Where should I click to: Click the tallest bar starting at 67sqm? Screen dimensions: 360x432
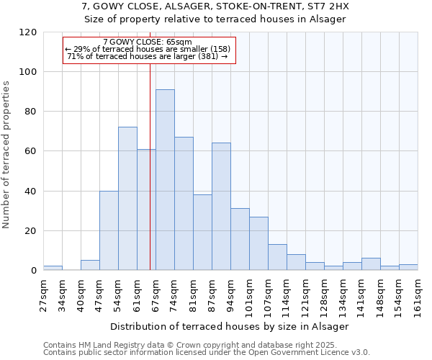pyautogui.click(x=165, y=180)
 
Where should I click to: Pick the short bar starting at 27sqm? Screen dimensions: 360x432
pyautogui.click(x=53, y=268)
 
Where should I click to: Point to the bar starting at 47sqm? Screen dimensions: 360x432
pyautogui.click(x=109, y=230)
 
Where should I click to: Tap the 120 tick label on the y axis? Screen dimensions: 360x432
pyautogui.click(x=28, y=32)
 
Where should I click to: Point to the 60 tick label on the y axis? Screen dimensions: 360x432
pyautogui.click(x=31, y=152)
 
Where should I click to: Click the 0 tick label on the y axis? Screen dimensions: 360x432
pyautogui.click(x=34, y=271)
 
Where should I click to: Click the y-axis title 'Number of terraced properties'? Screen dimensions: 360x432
pyautogui.click(x=6, y=155)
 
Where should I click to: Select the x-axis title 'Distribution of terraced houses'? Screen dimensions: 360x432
pyautogui.click(x=230, y=326)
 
